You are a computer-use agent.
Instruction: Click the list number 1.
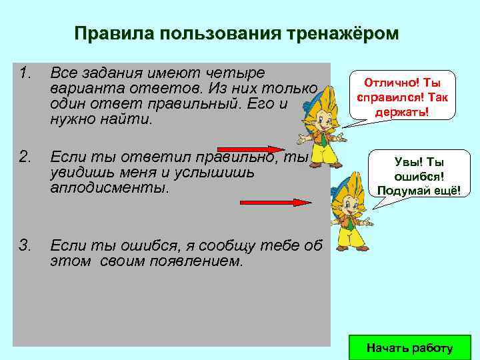coord(25,72)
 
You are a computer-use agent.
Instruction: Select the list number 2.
coord(25,157)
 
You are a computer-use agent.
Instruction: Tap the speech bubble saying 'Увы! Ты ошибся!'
coord(419,176)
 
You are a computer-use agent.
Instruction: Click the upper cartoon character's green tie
coord(323,141)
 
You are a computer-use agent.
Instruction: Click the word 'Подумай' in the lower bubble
coord(402,191)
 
